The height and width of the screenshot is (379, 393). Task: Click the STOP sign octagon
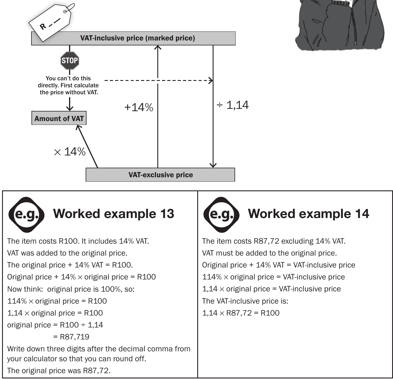pyautogui.click(x=70, y=61)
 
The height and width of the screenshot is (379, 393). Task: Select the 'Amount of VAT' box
pyautogui.click(x=59, y=118)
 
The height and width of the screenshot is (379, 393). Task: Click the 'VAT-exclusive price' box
pyautogui.click(x=160, y=175)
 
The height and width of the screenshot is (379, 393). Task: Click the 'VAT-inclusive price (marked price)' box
pyautogui.click(x=133, y=38)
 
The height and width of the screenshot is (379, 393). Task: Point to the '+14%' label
pyautogui.click(x=139, y=107)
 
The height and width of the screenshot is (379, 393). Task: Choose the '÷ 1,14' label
pyautogui.click(x=232, y=105)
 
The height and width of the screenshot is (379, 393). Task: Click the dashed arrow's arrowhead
pyautogui.click(x=211, y=81)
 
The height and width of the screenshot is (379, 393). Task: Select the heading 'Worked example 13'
pyautogui.click(x=114, y=214)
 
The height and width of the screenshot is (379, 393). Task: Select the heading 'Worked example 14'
pyautogui.click(x=309, y=214)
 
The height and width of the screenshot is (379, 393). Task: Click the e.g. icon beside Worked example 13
pyautogui.click(x=27, y=215)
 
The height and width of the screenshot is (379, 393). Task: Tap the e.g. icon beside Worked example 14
pyautogui.click(x=221, y=215)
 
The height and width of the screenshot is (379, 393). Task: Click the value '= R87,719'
pyautogui.click(x=71, y=337)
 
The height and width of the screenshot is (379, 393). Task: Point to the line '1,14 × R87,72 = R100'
pyautogui.click(x=241, y=313)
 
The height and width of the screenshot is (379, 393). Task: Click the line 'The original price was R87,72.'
pyautogui.click(x=59, y=371)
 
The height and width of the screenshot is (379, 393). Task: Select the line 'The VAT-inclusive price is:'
pyautogui.click(x=245, y=301)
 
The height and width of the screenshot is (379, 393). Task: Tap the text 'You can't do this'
pyautogui.click(x=68, y=78)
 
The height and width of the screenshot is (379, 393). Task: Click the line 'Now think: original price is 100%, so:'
pyautogui.click(x=71, y=289)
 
